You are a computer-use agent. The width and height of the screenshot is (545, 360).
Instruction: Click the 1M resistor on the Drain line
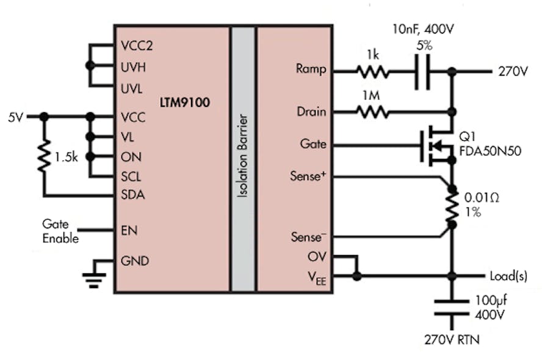(x=372, y=112)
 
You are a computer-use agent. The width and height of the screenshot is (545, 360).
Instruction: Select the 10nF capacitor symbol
(x=422, y=71)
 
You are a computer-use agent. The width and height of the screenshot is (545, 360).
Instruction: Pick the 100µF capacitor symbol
(x=452, y=306)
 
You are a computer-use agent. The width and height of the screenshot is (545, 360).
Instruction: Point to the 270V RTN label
(x=452, y=339)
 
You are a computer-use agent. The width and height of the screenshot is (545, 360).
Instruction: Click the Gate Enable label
(x=60, y=231)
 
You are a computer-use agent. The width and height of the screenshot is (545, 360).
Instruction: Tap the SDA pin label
(x=132, y=195)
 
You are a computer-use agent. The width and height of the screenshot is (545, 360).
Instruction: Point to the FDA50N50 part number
(x=491, y=152)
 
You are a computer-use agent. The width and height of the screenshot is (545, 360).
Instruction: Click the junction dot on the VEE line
(x=357, y=276)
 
